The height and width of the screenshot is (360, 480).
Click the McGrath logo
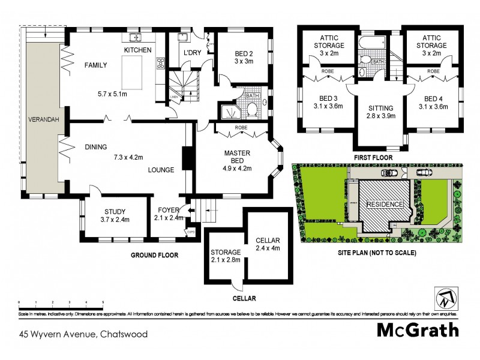pos(418,329)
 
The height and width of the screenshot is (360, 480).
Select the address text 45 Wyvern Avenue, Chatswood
pos(83,334)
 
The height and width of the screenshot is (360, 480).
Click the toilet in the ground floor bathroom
pos(253,110)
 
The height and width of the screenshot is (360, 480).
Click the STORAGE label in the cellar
pos(225,252)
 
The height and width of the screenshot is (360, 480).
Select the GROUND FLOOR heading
pos(155,255)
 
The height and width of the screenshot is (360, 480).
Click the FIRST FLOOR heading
pos(373,157)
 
